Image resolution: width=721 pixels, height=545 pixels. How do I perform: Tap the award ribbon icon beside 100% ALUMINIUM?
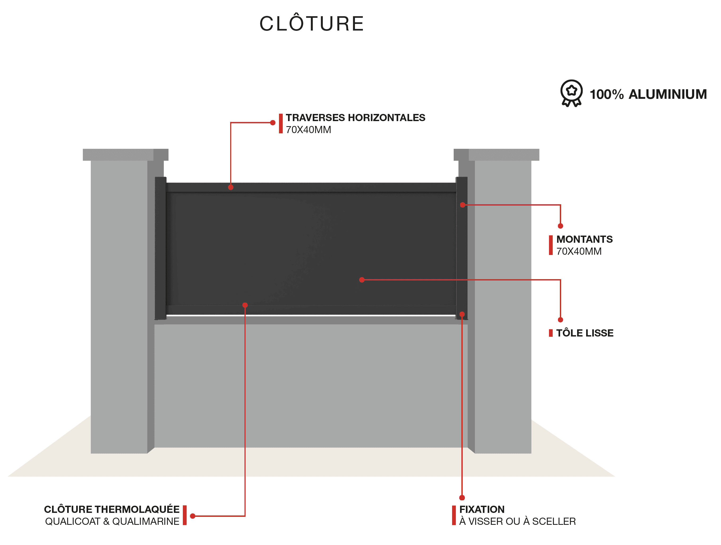click(x=571, y=93)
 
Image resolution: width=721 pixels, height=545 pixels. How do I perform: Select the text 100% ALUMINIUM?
click(x=648, y=94)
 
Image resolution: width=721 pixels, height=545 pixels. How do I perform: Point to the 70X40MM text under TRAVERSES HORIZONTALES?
click(x=308, y=130)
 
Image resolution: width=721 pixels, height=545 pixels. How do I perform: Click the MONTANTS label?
click(x=585, y=239)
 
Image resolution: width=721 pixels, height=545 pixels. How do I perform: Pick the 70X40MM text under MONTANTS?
click(x=579, y=252)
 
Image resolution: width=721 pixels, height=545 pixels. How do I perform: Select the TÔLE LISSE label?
click(x=585, y=333)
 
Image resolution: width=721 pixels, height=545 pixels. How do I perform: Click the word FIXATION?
click(x=482, y=509)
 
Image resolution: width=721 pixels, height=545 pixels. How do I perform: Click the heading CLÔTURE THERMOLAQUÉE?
click(x=112, y=509)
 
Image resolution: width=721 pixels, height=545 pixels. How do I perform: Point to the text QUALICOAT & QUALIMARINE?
click(x=112, y=522)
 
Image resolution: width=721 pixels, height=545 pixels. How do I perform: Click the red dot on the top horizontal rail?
click(x=231, y=187)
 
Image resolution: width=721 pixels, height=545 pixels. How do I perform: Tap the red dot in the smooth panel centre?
click(x=362, y=280)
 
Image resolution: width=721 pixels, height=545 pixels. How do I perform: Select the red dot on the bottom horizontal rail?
click(x=245, y=305)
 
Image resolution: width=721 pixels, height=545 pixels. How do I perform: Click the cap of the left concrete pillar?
click(x=126, y=155)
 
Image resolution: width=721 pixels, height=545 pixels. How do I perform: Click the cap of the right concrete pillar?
click(x=496, y=155)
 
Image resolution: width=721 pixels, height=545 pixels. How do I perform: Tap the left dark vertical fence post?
click(x=160, y=248)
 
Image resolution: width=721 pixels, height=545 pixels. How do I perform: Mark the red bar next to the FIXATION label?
click(x=454, y=515)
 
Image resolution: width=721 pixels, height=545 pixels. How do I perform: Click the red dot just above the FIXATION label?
click(x=462, y=498)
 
